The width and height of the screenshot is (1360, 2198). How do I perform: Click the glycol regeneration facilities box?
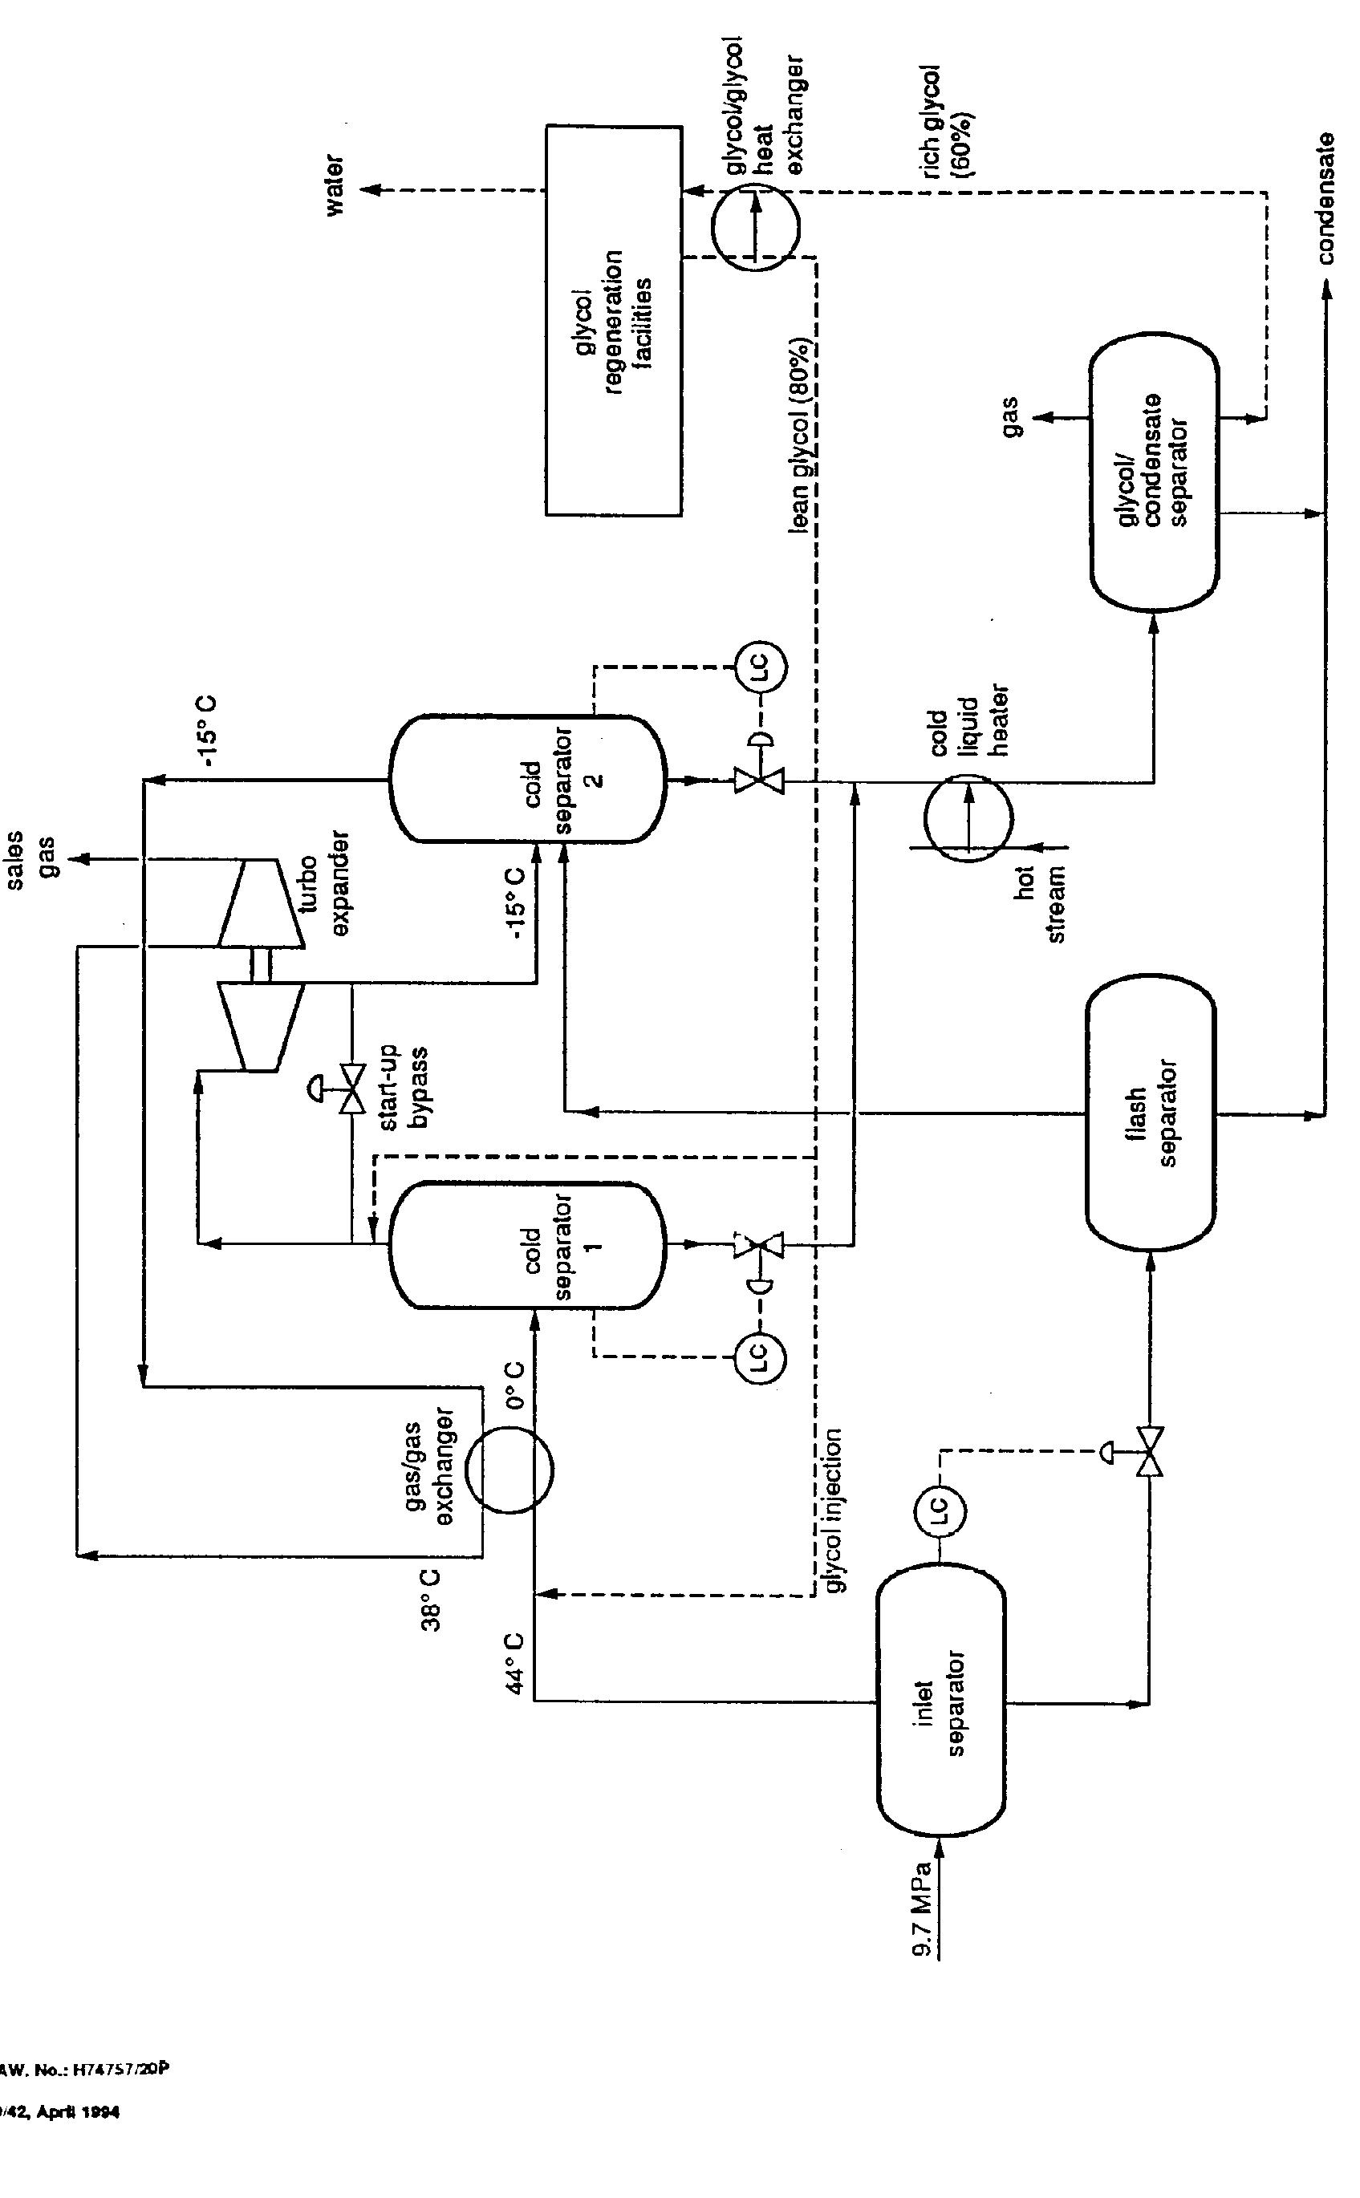pyautogui.click(x=614, y=321)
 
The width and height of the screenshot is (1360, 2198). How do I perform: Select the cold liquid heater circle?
pyautogui.click(x=968, y=817)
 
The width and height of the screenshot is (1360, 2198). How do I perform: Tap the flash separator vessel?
pyautogui.click(x=1151, y=1113)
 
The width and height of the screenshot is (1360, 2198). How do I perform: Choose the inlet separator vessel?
pyautogui.click(x=941, y=1701)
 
